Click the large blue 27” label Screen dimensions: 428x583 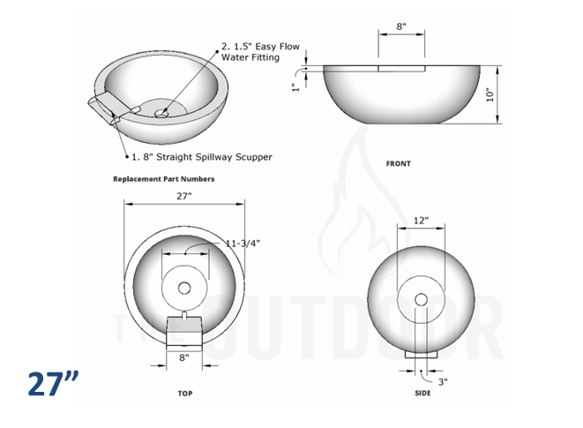(x=53, y=385)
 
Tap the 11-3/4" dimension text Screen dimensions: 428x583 (x=243, y=242)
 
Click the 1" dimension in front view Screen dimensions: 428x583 (x=298, y=86)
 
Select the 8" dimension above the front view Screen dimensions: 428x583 (x=401, y=27)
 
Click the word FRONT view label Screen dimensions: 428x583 (x=399, y=163)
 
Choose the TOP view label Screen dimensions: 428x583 (x=183, y=393)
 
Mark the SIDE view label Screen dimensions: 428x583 (x=422, y=393)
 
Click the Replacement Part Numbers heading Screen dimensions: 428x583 (x=163, y=178)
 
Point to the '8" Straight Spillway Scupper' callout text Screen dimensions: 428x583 (x=202, y=157)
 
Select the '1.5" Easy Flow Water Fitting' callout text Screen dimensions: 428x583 (x=250, y=51)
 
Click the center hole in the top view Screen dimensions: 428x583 (x=183, y=288)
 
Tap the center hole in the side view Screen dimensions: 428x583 (x=422, y=300)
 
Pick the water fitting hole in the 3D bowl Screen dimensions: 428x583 (x=162, y=113)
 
